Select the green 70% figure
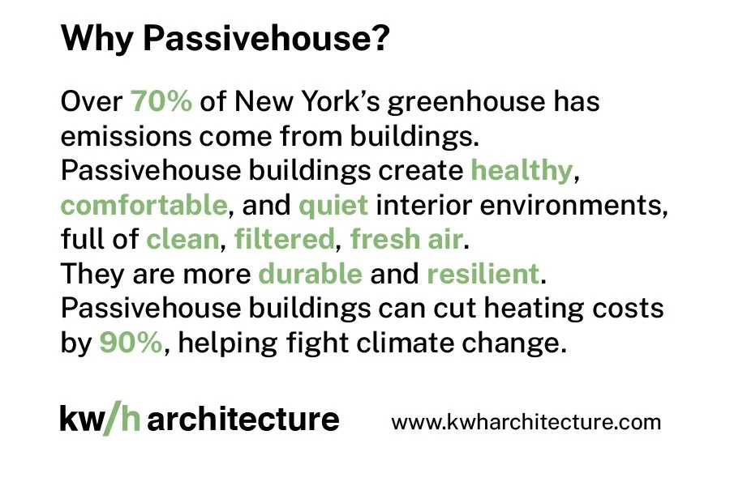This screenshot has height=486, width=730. (x=161, y=102)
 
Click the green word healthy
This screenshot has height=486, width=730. (x=520, y=171)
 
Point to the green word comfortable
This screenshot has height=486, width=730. (x=144, y=205)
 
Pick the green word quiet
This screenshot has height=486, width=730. (x=333, y=205)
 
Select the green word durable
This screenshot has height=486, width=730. (x=310, y=274)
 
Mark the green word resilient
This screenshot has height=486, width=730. (x=483, y=274)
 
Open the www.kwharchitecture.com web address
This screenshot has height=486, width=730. (x=526, y=422)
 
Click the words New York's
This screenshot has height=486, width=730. (x=295, y=102)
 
